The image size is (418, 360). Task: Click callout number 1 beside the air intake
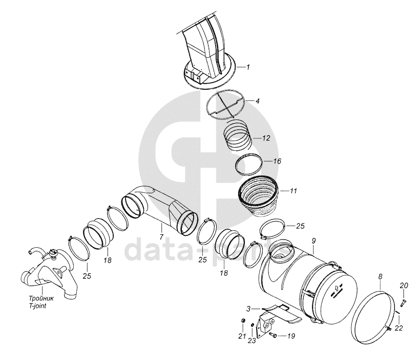(x=248, y=67)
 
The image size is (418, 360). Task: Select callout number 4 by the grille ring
(x=257, y=101)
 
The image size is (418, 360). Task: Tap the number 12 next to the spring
(x=266, y=138)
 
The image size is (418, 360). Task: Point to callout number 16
(x=277, y=161)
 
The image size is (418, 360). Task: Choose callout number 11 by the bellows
(x=293, y=191)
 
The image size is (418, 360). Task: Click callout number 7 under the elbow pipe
(x=161, y=236)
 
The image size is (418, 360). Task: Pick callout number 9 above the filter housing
(x=313, y=241)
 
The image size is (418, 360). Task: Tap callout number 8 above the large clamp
(x=380, y=277)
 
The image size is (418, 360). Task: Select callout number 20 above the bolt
(x=404, y=286)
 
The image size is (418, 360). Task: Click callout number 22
(x=399, y=328)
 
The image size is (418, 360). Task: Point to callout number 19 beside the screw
(x=291, y=336)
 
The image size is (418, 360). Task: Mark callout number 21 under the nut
(x=242, y=336)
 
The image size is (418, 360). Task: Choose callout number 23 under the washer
(x=252, y=340)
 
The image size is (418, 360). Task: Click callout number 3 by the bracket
(x=248, y=309)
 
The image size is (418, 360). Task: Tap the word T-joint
(x=37, y=306)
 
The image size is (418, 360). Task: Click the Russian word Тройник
(x=41, y=298)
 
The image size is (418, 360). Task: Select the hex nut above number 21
(x=243, y=320)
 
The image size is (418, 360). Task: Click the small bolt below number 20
(x=403, y=303)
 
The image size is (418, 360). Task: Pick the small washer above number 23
(x=252, y=325)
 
